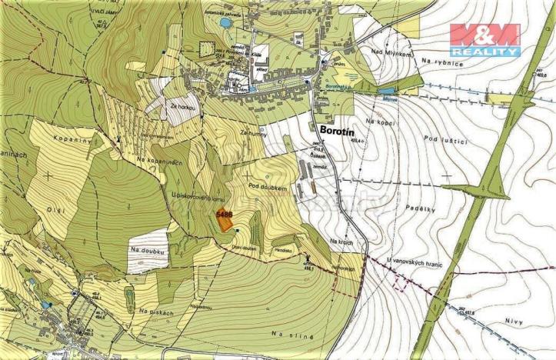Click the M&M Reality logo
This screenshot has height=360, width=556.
point(484,39)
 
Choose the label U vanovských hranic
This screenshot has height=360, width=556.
point(419,262)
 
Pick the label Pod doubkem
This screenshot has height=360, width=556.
point(268,187)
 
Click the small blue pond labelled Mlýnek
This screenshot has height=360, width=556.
point(385,92)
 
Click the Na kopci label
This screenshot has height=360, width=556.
point(380,122)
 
